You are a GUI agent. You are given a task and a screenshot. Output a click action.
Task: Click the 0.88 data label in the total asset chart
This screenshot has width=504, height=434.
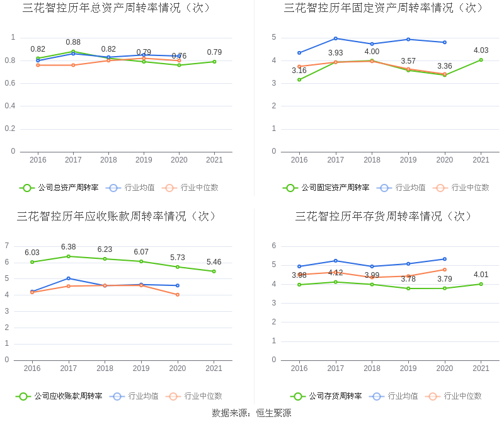(x=73, y=42)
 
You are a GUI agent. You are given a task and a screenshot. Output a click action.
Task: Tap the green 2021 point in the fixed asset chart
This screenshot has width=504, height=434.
(x=481, y=60)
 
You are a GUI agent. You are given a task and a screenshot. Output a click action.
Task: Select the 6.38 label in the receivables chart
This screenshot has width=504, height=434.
(x=68, y=247)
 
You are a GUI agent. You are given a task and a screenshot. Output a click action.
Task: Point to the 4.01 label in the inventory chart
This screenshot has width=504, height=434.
(x=481, y=274)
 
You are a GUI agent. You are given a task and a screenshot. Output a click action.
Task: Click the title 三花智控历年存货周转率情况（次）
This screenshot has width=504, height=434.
(x=384, y=217)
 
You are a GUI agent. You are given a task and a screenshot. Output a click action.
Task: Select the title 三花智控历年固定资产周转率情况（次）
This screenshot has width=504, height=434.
(x=384, y=8)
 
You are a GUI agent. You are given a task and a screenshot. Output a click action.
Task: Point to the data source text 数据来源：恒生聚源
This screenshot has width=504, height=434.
(x=251, y=413)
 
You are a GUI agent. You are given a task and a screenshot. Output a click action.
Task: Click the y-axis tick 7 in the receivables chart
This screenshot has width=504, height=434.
(x=7, y=246)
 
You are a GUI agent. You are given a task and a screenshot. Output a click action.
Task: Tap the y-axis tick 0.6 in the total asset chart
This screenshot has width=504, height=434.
(x=9, y=83)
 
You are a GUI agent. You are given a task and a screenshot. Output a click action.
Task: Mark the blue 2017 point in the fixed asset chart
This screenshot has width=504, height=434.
(x=336, y=38)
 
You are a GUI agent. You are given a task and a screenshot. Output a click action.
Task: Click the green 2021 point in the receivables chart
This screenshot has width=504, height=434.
(x=214, y=271)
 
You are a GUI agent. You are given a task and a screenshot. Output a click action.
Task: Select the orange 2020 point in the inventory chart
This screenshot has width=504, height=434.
(x=445, y=270)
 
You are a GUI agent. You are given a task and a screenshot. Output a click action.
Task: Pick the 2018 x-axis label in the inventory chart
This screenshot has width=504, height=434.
(x=372, y=368)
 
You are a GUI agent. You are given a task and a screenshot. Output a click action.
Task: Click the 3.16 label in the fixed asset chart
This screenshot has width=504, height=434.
(x=299, y=71)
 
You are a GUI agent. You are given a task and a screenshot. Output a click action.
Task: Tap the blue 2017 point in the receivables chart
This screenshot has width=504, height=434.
(x=68, y=278)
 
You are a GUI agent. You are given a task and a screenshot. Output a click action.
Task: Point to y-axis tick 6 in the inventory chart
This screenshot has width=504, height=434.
(x=274, y=246)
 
